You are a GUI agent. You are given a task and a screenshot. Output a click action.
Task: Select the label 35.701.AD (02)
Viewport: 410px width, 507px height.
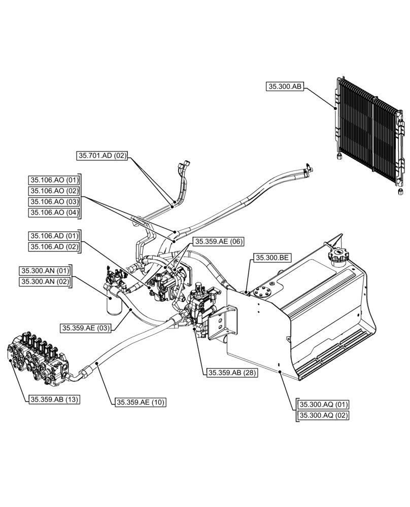pyautogui.click(x=101, y=156)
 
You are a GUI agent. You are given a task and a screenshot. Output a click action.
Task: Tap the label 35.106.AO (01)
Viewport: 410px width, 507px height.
pyautogui.click(x=54, y=180)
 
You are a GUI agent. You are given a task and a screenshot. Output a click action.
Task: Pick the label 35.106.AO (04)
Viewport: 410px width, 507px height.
pyautogui.click(x=54, y=212)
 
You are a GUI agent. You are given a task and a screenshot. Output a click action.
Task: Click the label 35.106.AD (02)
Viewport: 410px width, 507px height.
pyautogui.click(x=54, y=247)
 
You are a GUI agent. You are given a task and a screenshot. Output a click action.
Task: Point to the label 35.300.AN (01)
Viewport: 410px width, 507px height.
pyautogui.click(x=45, y=271)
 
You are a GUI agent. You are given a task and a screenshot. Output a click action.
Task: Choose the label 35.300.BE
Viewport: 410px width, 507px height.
pyautogui.click(x=272, y=258)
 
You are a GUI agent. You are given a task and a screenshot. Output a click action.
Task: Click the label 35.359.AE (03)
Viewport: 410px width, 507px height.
pyautogui.click(x=85, y=328)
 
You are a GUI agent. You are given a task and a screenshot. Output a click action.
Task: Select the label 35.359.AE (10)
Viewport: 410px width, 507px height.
pyautogui.click(x=141, y=402)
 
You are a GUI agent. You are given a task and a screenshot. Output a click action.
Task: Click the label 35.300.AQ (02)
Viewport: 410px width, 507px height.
pyautogui.click(x=323, y=415)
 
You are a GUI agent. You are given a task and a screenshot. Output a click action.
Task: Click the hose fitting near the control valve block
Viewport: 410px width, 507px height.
pyautogui.click(x=88, y=371)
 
